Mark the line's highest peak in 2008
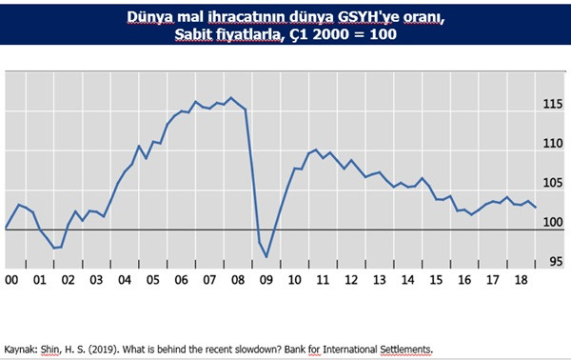[231, 97]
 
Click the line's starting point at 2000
[7, 229]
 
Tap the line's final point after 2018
[537, 208]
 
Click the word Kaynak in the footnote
[23, 349]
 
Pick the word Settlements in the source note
[403, 349]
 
